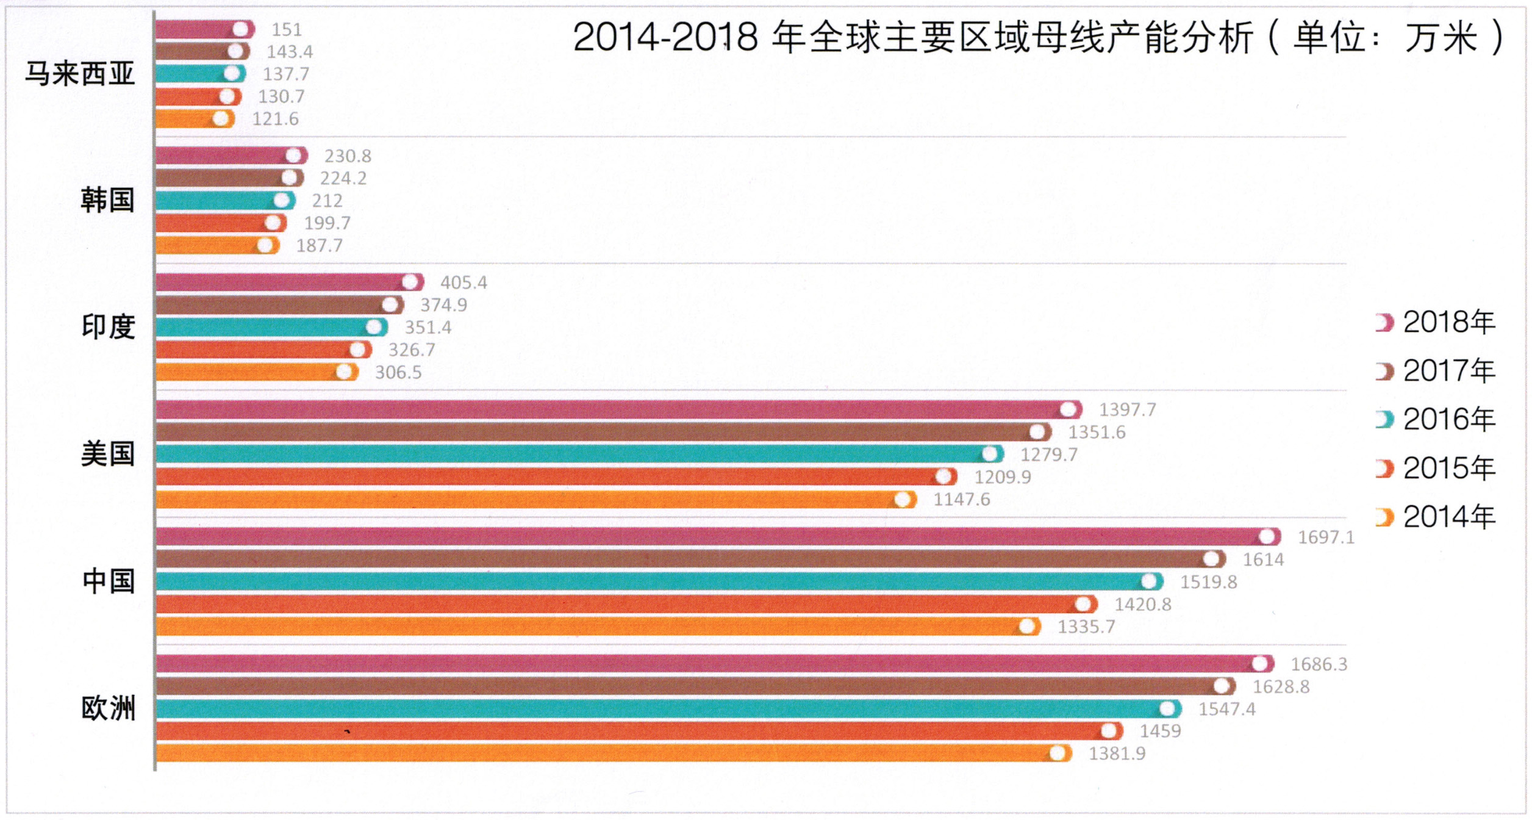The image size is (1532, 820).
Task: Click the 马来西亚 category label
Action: point(80,74)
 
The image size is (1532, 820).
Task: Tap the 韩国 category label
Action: point(107,200)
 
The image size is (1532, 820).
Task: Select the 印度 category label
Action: point(108,327)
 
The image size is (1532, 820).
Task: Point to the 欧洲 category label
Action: point(108,708)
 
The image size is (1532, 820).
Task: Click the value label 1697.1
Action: point(1326,537)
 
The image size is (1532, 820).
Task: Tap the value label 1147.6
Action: point(962,500)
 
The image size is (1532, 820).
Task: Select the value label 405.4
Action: point(464,282)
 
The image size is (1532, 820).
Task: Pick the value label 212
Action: point(327,201)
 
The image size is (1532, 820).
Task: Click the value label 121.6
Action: point(275,119)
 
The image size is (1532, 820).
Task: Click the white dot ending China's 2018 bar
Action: point(1267,537)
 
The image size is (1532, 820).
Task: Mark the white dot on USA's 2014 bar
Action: point(903,500)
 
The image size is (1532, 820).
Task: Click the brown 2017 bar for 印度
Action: point(274,305)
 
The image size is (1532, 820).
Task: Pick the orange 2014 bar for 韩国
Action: point(207,246)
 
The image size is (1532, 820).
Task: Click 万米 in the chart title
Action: point(1442,38)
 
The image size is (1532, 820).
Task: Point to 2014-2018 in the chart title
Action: point(665,38)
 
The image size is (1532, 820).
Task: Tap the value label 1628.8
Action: point(1281,686)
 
